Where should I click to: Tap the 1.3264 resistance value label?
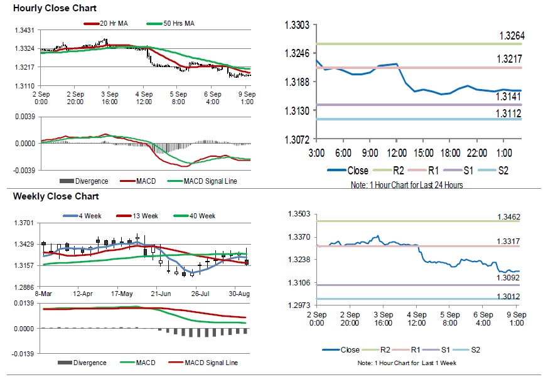tap(511, 36)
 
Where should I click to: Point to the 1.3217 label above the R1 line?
tap(511, 59)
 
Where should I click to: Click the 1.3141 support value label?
tap(511, 97)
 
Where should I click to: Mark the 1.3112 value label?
tap(511, 113)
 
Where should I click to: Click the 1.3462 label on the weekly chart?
tap(509, 217)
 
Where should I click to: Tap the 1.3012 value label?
tap(509, 295)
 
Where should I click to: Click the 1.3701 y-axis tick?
tap(24, 223)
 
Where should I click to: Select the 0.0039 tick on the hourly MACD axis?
tap(24, 117)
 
